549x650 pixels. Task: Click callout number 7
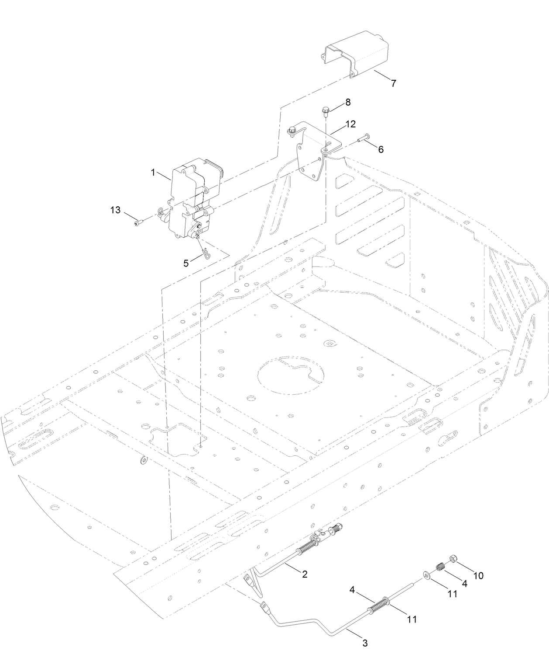393,83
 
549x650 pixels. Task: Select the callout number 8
347,102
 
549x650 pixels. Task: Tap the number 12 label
350,124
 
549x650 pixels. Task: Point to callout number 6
381,150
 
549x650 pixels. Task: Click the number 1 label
154,173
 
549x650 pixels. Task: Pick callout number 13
115,210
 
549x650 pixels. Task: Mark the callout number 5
186,263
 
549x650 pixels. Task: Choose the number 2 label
304,575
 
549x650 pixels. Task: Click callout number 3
365,643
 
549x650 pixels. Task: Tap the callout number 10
478,575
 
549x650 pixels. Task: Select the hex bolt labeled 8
326,112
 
